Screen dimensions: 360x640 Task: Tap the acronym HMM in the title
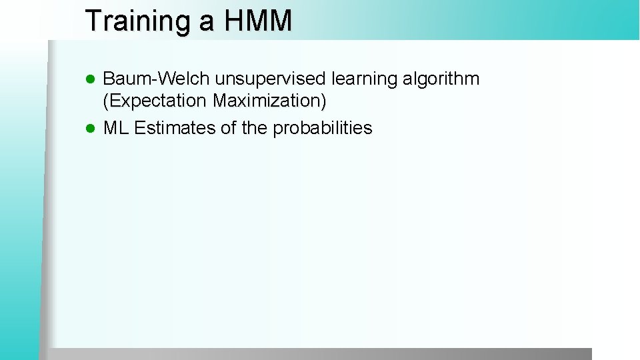(258, 21)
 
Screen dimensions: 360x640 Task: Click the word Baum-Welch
(157, 79)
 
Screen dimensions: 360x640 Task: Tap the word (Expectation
(155, 101)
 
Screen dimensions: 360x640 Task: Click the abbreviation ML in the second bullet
(116, 128)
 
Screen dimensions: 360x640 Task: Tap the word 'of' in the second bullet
(229, 128)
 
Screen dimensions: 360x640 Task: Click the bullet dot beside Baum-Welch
(93, 80)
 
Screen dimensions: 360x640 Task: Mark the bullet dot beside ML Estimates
(93, 129)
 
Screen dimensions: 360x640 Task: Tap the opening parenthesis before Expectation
(106, 101)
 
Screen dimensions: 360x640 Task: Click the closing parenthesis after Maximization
(323, 101)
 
